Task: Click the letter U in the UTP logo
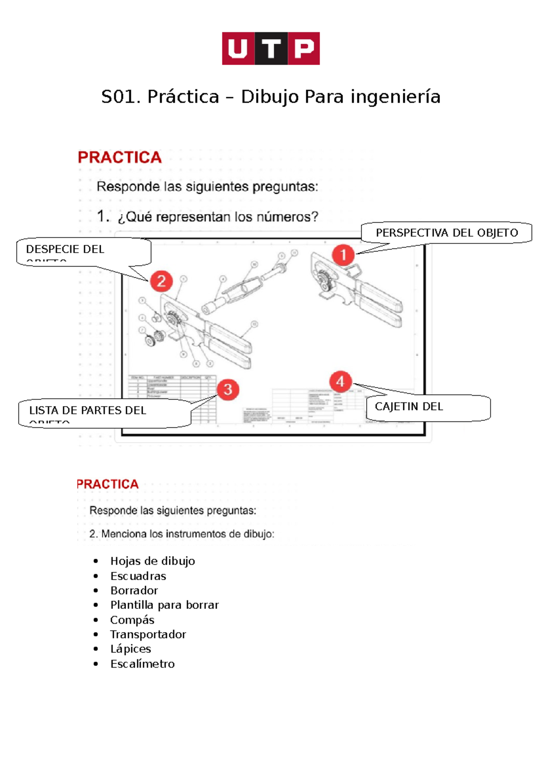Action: pos(238,48)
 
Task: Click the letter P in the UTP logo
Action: pos(304,48)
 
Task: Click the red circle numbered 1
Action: pos(343,255)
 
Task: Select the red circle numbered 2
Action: pos(161,281)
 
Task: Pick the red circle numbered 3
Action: pos(228,389)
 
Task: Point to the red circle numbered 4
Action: pos(340,382)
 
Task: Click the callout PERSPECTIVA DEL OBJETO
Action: pos(446,233)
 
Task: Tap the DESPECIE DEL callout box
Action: pos(84,251)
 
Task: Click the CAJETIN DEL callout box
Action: pos(427,407)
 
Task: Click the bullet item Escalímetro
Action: pos(142,663)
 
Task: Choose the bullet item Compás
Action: pos(132,620)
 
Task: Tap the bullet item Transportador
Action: pos(148,634)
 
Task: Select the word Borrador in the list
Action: pos(134,590)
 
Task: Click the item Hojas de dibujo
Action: pos(152,561)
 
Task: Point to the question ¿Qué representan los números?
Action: pos(217,217)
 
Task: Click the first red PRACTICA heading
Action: pos(119,157)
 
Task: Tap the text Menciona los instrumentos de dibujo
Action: pos(187,534)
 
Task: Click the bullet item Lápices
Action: pos(131,649)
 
